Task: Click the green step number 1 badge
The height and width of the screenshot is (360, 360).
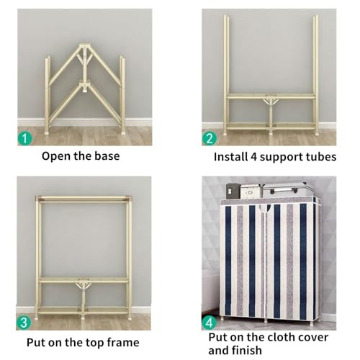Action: point(25,138)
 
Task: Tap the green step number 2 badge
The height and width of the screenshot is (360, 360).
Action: point(210,138)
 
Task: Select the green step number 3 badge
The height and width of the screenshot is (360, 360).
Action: point(24,323)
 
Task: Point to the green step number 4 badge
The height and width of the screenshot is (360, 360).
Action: point(210,323)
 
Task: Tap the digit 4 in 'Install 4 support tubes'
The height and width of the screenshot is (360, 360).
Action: point(254,157)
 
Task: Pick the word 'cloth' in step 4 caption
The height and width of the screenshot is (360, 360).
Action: point(281,337)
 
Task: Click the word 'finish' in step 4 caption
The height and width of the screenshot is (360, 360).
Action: point(250,351)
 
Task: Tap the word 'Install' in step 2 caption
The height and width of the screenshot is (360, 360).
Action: point(231,157)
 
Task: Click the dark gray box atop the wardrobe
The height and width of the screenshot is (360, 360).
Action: point(233,191)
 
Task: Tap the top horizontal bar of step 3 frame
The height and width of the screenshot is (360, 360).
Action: point(84,199)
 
